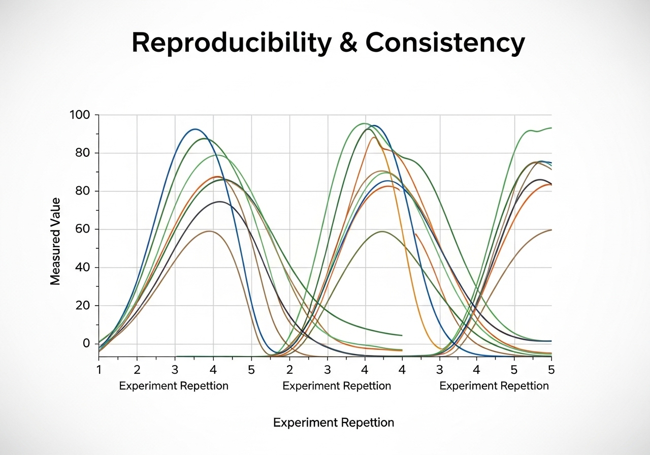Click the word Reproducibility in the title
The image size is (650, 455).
click(x=228, y=43)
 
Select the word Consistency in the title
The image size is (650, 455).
click(x=445, y=43)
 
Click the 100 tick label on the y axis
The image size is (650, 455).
click(x=79, y=115)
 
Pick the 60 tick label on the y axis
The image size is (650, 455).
click(x=83, y=230)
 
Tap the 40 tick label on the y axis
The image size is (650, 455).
click(x=83, y=268)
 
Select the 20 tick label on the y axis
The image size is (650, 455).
click(x=83, y=306)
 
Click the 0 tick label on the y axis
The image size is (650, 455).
click(x=86, y=344)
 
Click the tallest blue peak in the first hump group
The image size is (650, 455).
click(x=195, y=129)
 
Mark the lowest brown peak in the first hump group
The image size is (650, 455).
click(x=209, y=231)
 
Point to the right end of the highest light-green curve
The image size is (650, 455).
click(x=550, y=128)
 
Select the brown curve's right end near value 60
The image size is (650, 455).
click(x=550, y=230)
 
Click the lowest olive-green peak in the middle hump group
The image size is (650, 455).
click(x=382, y=232)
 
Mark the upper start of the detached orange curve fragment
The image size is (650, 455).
click(x=416, y=234)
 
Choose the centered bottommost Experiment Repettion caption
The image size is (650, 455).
click(x=334, y=422)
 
